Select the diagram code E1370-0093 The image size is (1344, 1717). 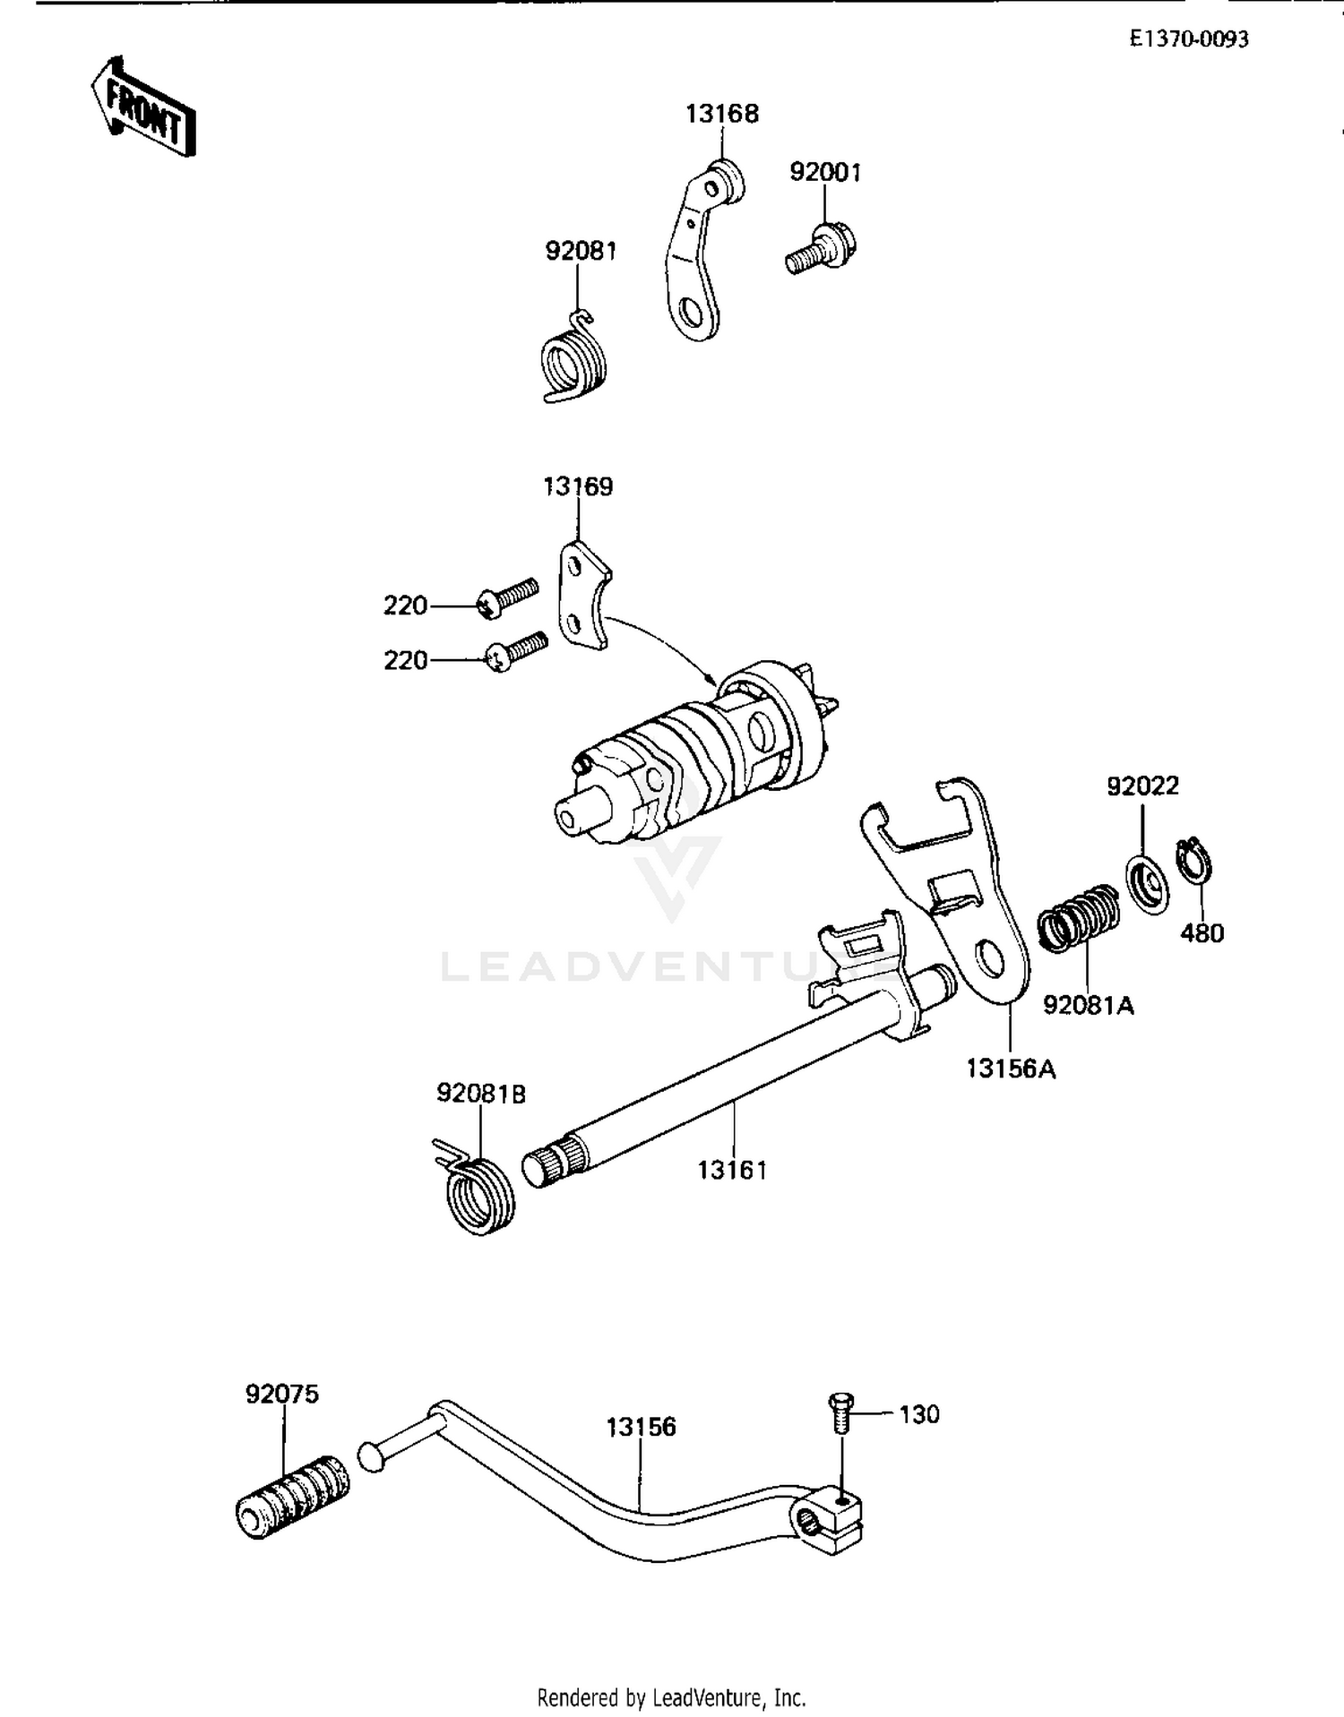tap(1188, 39)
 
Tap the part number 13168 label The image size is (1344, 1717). tap(722, 114)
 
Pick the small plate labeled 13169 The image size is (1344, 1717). tap(585, 594)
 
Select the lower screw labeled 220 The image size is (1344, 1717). tap(514, 651)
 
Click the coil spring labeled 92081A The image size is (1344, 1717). tap(1079, 919)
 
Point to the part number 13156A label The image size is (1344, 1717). tap(1011, 1069)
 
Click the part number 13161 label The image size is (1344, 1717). tap(732, 1170)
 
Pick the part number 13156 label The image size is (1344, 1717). tap(641, 1427)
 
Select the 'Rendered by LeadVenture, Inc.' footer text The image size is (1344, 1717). tap(671, 1697)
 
